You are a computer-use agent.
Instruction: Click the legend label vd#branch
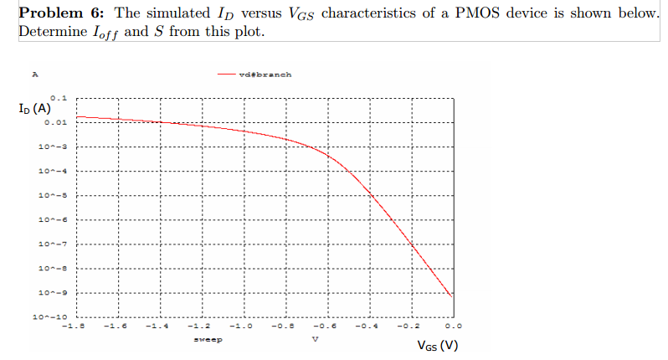tap(265, 75)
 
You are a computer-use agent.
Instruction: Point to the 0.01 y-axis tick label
tap(56, 122)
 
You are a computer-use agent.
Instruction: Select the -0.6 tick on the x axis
tap(326, 327)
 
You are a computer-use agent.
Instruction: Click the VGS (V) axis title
tap(436, 346)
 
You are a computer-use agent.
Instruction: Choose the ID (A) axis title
tap(33, 109)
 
